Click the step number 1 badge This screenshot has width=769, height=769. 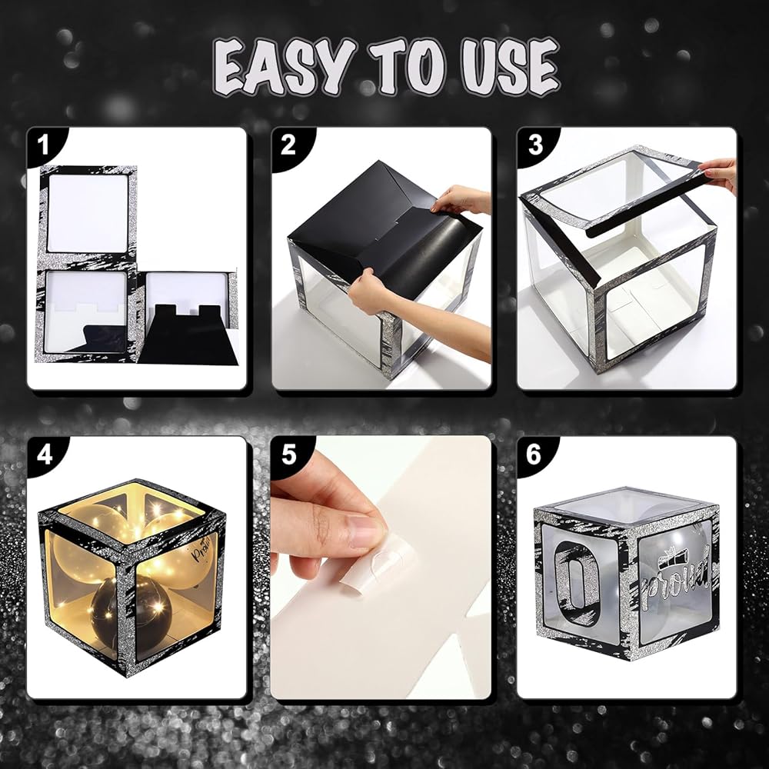44,145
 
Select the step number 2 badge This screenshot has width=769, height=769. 288,145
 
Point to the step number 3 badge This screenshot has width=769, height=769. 535,145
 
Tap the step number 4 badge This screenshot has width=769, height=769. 44,454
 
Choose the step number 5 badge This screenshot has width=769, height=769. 289,454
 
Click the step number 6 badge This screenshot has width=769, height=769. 534,454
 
